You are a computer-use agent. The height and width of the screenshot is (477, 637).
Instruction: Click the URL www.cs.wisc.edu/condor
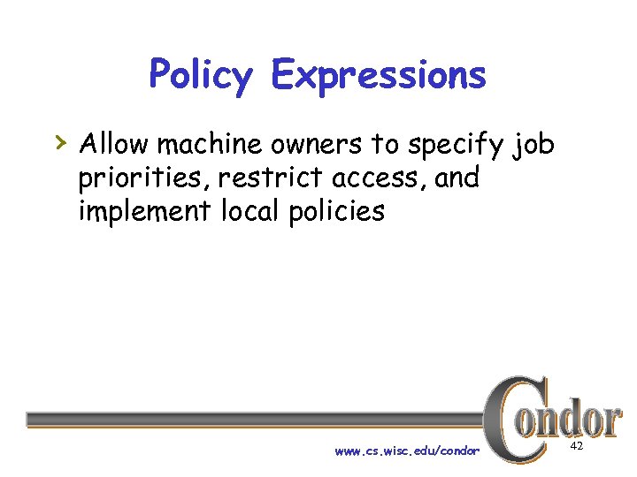pyautogui.click(x=407, y=451)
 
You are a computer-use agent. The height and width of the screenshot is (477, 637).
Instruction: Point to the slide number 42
pyautogui.click(x=576, y=448)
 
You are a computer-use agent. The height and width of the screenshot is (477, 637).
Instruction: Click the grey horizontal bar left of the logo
pyautogui.click(x=257, y=420)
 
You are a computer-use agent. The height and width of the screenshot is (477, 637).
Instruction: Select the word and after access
pyautogui.click(x=457, y=178)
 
